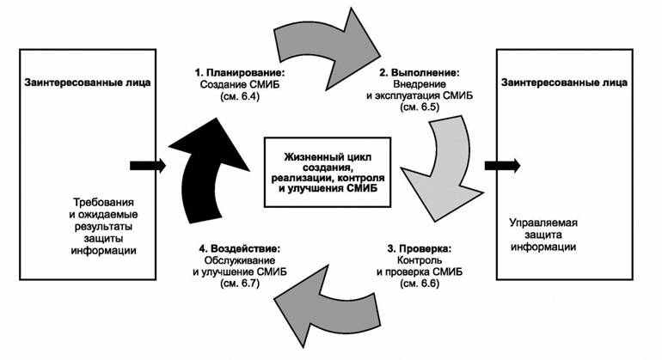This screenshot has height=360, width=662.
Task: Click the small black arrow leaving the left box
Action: [x=140, y=164]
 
